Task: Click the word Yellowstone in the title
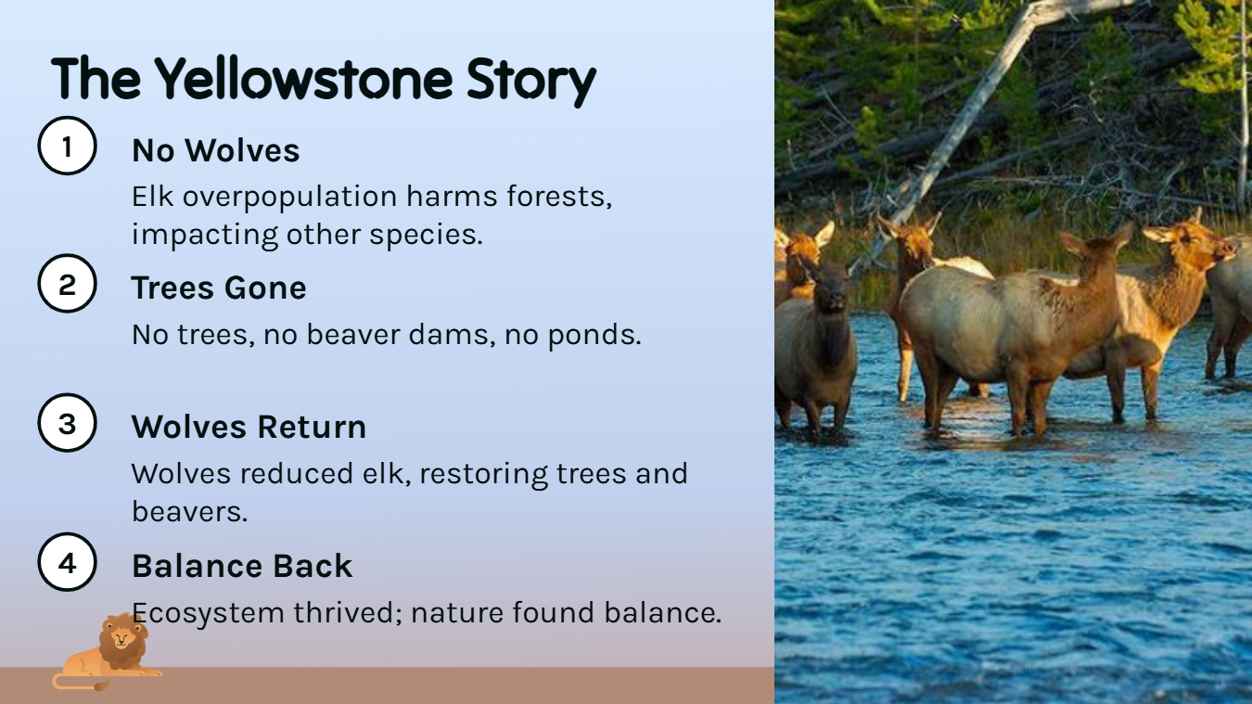point(303,80)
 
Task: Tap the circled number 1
point(67,146)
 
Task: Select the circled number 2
point(67,284)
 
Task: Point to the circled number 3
point(67,423)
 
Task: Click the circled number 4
point(67,562)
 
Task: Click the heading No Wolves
point(216,150)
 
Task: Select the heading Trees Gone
point(219,288)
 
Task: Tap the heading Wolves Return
point(249,428)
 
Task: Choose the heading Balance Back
point(242,566)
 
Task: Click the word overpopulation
point(289,198)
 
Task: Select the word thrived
point(347,612)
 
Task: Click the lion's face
point(121,638)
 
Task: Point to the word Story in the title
point(531,81)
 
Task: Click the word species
point(426,236)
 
